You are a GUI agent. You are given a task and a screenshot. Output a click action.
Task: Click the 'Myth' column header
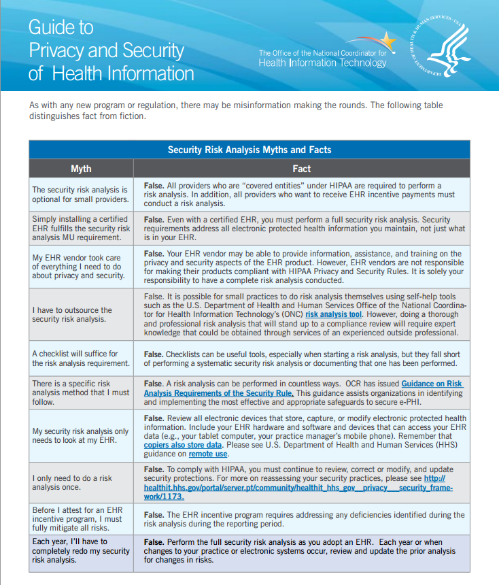81,169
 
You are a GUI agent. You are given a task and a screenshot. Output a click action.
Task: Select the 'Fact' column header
301,169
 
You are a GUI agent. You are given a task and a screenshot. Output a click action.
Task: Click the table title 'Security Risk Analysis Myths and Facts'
249,150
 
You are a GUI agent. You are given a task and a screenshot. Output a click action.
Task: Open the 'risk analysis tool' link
333,315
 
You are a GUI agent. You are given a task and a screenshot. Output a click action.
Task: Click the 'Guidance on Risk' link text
432,384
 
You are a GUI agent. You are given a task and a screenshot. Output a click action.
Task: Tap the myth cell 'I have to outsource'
72,314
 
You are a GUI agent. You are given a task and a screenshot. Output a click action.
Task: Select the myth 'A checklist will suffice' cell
80,358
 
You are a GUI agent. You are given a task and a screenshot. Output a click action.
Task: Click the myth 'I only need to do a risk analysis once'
72,482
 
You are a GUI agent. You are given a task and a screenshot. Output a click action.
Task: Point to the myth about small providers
80,195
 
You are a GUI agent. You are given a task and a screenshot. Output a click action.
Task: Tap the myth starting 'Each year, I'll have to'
80,550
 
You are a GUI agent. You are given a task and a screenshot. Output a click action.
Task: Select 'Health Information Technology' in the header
322,63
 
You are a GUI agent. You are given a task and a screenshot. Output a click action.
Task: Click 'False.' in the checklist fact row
154,354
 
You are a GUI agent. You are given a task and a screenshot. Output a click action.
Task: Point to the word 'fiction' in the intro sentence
129,116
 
